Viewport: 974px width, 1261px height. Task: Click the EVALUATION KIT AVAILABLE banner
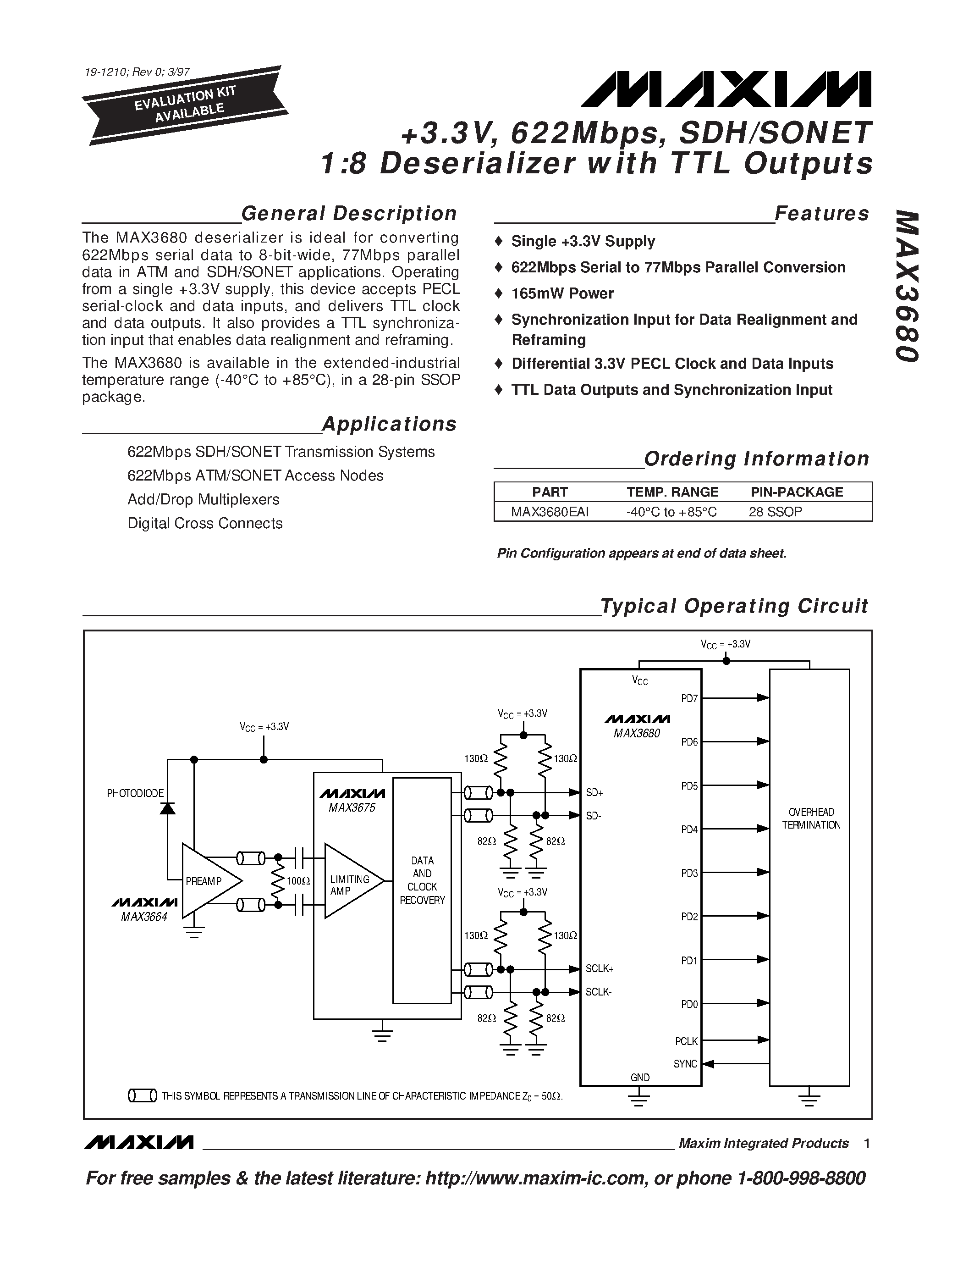(x=185, y=105)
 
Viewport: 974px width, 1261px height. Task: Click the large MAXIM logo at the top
(x=726, y=90)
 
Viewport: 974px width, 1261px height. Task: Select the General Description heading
(x=348, y=213)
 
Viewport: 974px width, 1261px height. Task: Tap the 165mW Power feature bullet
(x=562, y=293)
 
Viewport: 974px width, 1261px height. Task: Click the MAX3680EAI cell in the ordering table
(x=549, y=512)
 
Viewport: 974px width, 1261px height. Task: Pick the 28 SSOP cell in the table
(x=775, y=512)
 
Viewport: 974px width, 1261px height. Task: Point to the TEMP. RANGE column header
(x=672, y=492)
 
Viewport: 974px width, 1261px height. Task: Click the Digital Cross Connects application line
(x=205, y=523)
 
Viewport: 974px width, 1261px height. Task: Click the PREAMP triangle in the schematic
(x=208, y=880)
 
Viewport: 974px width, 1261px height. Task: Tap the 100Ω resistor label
(x=298, y=881)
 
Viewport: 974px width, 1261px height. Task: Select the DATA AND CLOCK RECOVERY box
(x=422, y=880)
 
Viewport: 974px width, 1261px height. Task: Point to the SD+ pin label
(x=594, y=793)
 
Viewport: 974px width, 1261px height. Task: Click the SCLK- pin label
(x=598, y=992)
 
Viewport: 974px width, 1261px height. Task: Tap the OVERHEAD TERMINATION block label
(x=811, y=818)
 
